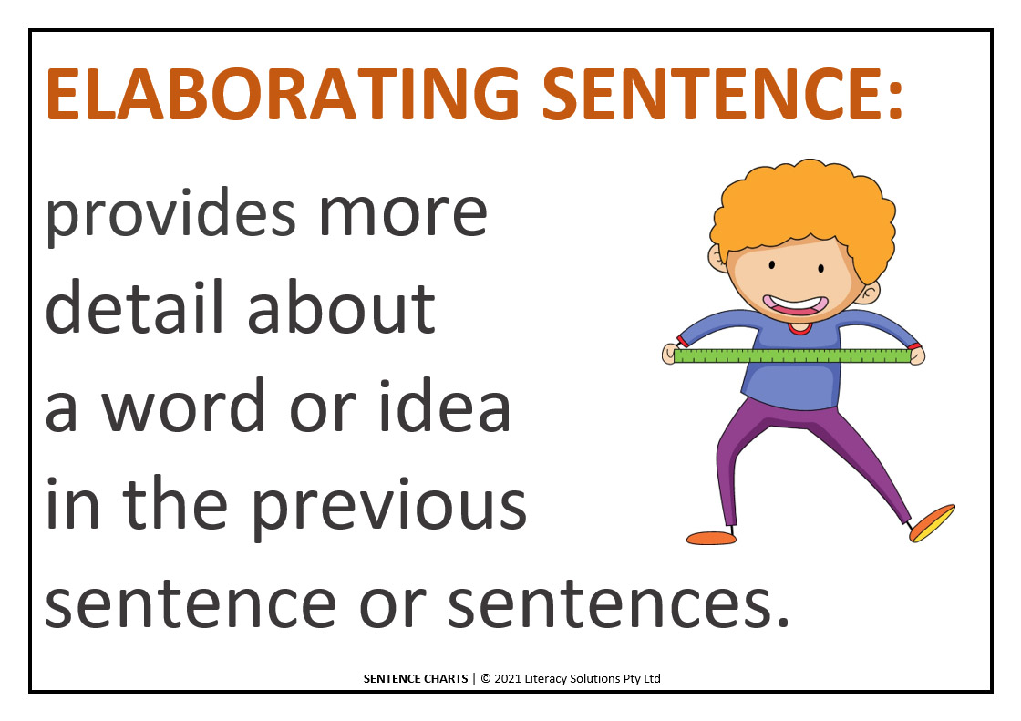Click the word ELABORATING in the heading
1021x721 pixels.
click(283, 95)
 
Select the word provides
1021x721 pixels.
click(170, 214)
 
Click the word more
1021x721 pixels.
click(403, 214)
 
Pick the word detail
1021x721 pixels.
click(135, 307)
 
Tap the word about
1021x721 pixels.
click(341, 307)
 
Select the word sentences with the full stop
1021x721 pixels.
click(618, 603)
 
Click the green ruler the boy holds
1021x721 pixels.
click(792, 355)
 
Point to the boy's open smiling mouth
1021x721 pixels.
click(796, 304)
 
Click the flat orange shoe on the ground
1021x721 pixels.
click(711, 538)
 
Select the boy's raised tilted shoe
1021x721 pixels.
click(932, 523)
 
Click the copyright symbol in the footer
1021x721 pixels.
click(486, 679)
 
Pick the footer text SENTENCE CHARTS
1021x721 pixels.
click(416, 679)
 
